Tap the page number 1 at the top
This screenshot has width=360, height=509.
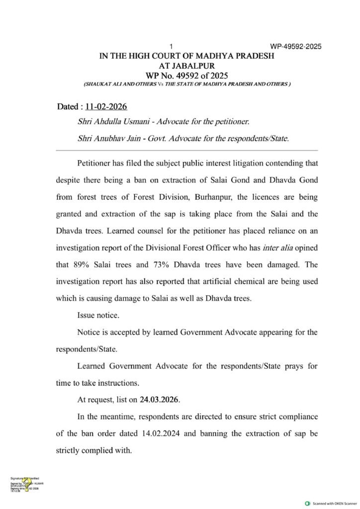click(x=171, y=47)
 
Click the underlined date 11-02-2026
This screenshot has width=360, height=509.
click(x=106, y=107)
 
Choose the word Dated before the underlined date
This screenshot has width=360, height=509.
click(x=68, y=107)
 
